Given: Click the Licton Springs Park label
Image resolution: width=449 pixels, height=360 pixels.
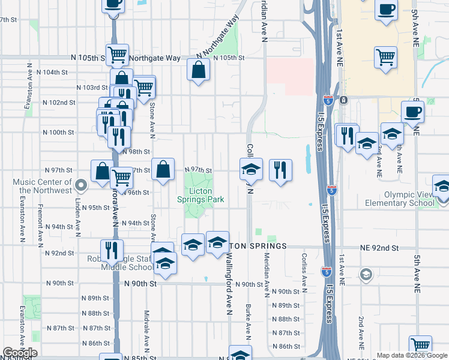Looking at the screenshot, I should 200,195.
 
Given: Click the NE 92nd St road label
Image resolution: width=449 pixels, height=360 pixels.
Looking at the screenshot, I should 379,247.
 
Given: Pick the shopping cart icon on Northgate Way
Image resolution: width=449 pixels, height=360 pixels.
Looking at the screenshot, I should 118,55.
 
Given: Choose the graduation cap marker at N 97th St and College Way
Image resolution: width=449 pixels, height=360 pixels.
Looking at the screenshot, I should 252,169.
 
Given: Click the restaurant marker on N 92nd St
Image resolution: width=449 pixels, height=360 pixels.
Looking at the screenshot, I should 111,250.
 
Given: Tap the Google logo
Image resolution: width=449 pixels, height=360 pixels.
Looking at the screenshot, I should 20,352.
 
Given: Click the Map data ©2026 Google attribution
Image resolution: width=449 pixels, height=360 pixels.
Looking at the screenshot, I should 411,355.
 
